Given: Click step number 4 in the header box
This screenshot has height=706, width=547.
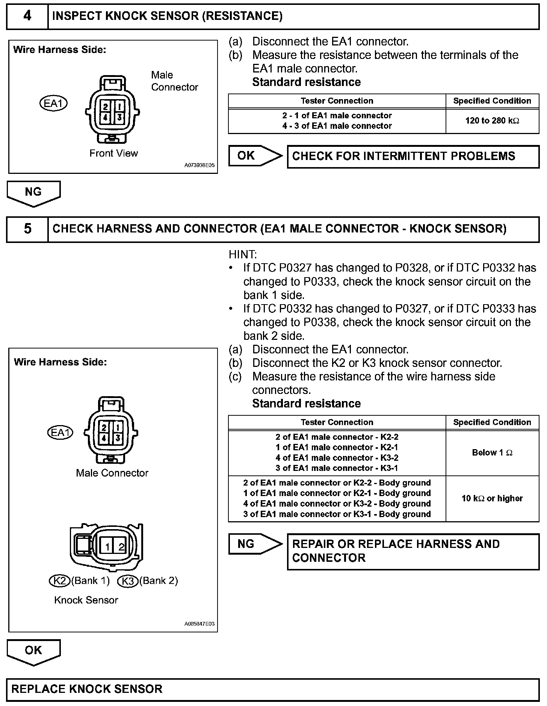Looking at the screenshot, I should pos(27,16).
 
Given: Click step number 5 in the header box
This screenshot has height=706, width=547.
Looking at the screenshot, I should pos(27,229).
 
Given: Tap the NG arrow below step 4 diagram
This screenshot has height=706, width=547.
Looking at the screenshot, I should pos(33,193).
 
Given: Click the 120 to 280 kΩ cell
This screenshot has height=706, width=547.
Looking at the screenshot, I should pos(492,121).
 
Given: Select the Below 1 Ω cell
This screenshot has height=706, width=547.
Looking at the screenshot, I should pos(492,453).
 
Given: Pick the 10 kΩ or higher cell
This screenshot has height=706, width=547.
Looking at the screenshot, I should pos(492,498).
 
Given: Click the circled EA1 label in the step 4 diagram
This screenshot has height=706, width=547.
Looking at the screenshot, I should pos(53,103).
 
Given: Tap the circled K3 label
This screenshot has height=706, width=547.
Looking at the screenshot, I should pos(128,581).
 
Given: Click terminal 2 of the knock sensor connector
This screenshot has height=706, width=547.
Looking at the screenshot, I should pos(121,547).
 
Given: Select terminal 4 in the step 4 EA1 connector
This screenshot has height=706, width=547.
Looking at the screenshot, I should pos(106,118).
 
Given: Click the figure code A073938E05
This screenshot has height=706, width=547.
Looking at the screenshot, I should pos(199,165).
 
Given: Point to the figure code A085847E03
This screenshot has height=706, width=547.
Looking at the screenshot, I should pos(199,624).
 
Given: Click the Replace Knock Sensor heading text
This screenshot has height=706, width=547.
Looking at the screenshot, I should pos(87,689).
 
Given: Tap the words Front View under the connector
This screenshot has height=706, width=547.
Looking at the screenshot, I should pos(113,153).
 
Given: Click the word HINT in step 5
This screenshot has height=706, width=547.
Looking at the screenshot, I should pos(243,255).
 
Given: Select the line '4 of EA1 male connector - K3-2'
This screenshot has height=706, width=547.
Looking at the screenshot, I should pos(337,458).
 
